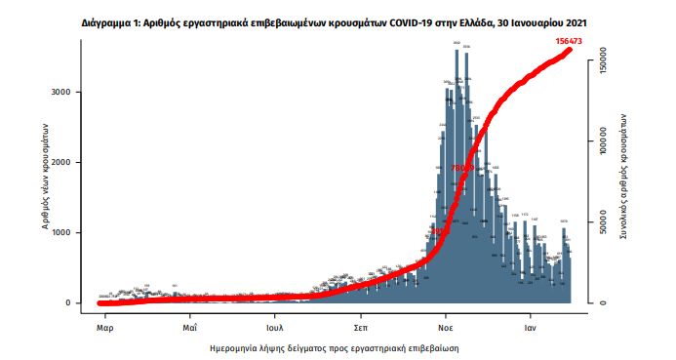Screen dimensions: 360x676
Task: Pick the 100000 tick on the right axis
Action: point(603,142)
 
